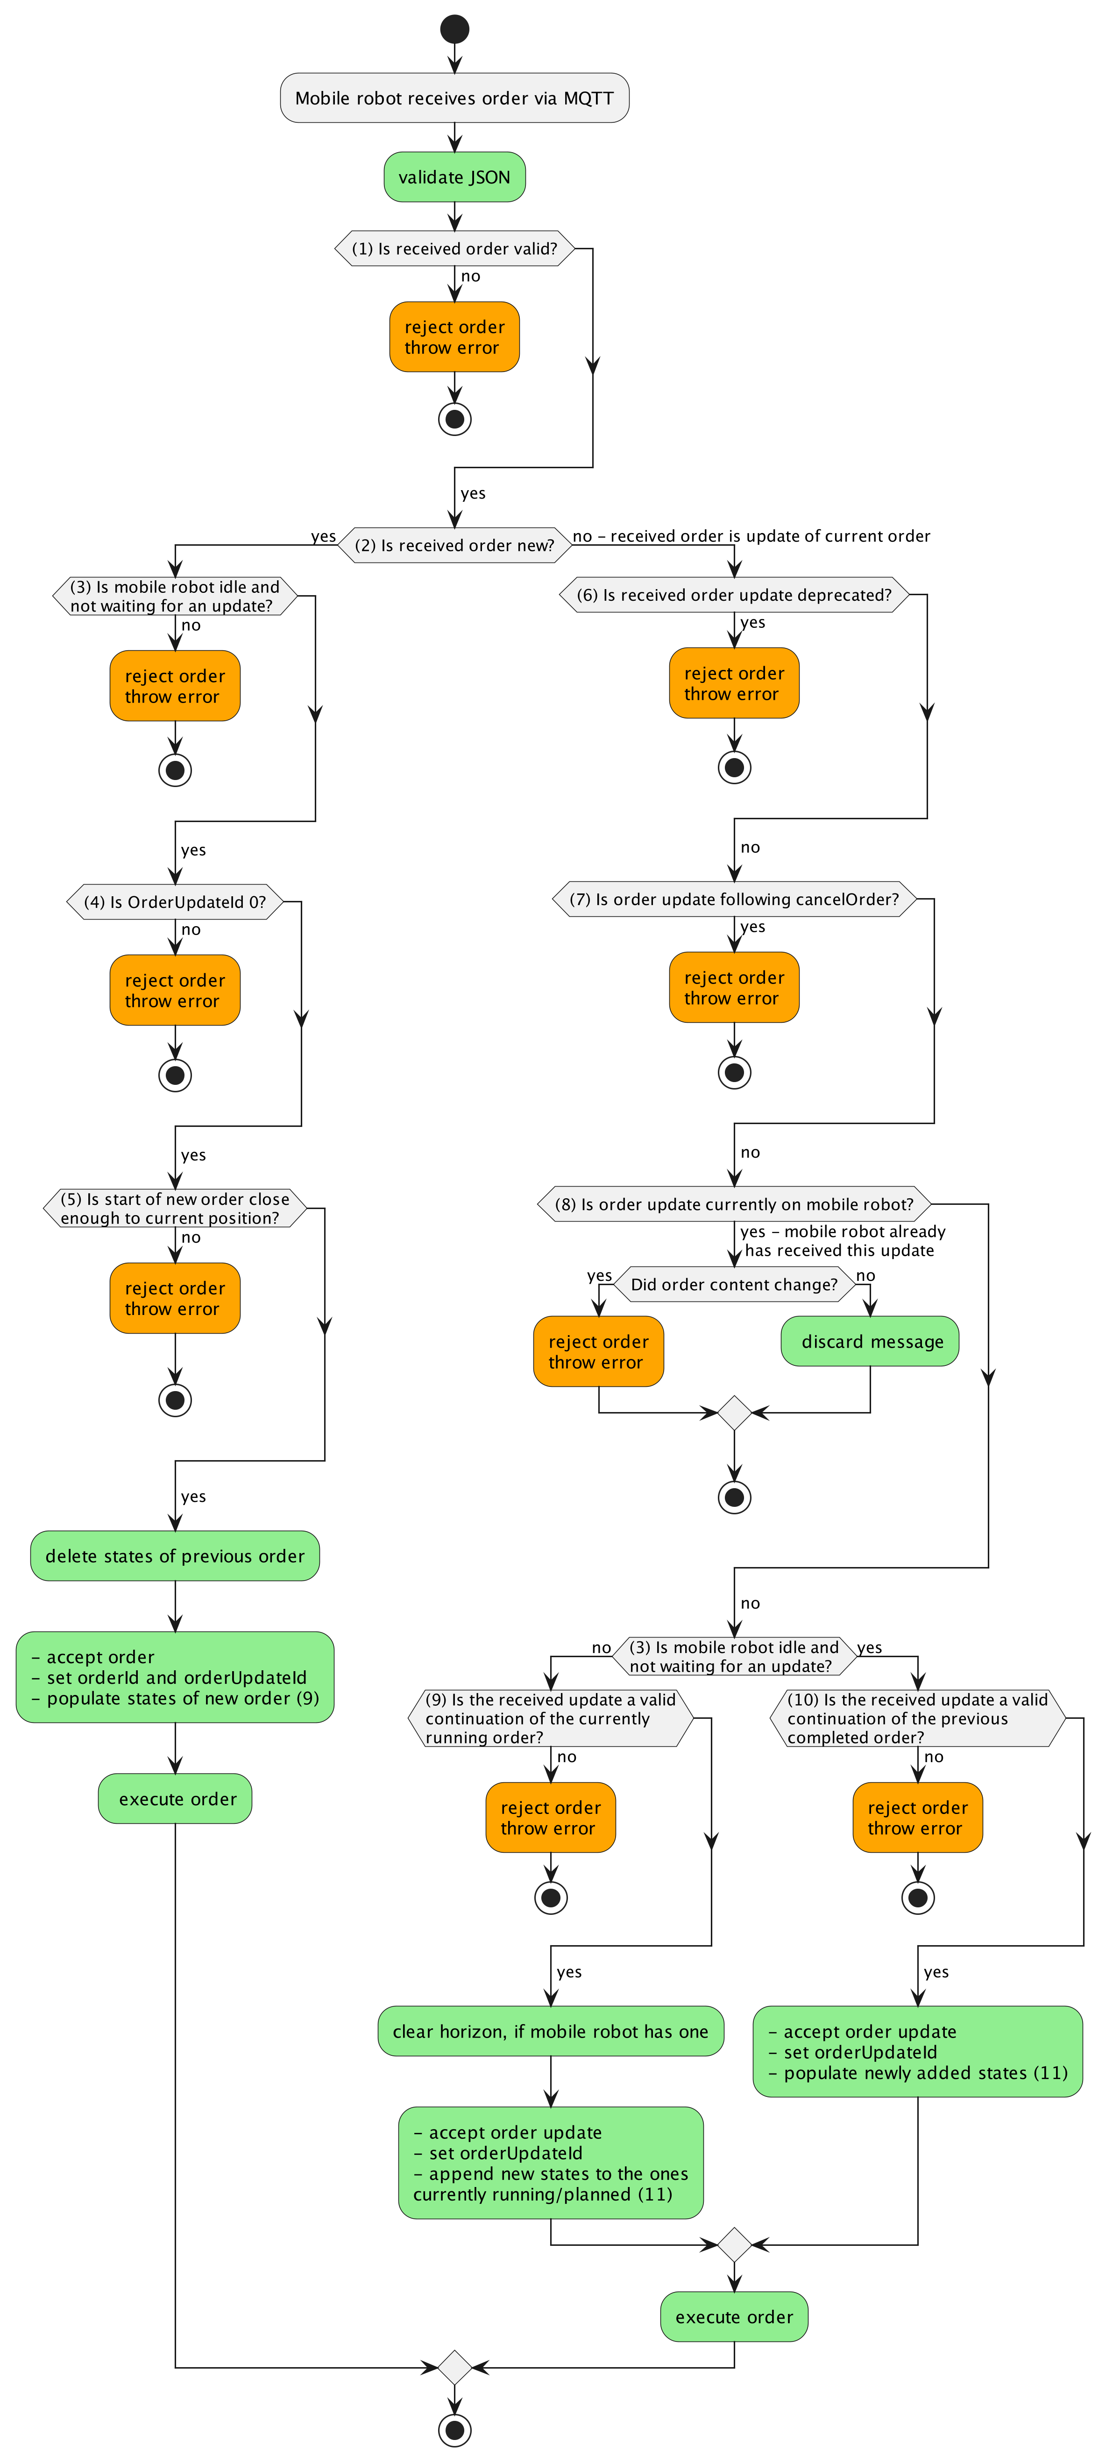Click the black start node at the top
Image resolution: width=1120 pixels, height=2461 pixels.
click(x=455, y=28)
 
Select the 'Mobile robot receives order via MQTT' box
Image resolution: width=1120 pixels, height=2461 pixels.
click(x=455, y=98)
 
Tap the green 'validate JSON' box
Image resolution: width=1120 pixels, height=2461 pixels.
click(x=455, y=177)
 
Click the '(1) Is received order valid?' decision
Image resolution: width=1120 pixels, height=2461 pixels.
click(x=455, y=248)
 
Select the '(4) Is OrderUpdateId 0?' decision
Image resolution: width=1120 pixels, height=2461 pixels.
click(x=175, y=902)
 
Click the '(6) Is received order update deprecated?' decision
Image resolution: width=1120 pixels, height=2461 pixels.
click(x=734, y=594)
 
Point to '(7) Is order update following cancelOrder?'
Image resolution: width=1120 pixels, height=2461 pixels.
click(x=734, y=899)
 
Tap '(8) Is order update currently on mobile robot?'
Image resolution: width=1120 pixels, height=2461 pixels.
click(x=734, y=1204)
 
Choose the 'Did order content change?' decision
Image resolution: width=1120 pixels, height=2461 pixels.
click(x=734, y=1284)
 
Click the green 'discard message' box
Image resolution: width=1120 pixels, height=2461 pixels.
click(x=871, y=1341)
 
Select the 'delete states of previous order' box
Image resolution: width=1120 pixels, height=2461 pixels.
click(x=175, y=1556)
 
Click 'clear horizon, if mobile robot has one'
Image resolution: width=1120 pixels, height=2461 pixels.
click(x=551, y=2031)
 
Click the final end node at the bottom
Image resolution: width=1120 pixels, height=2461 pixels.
click(x=455, y=2429)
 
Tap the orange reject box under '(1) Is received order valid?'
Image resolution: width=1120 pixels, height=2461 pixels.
click(x=455, y=337)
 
